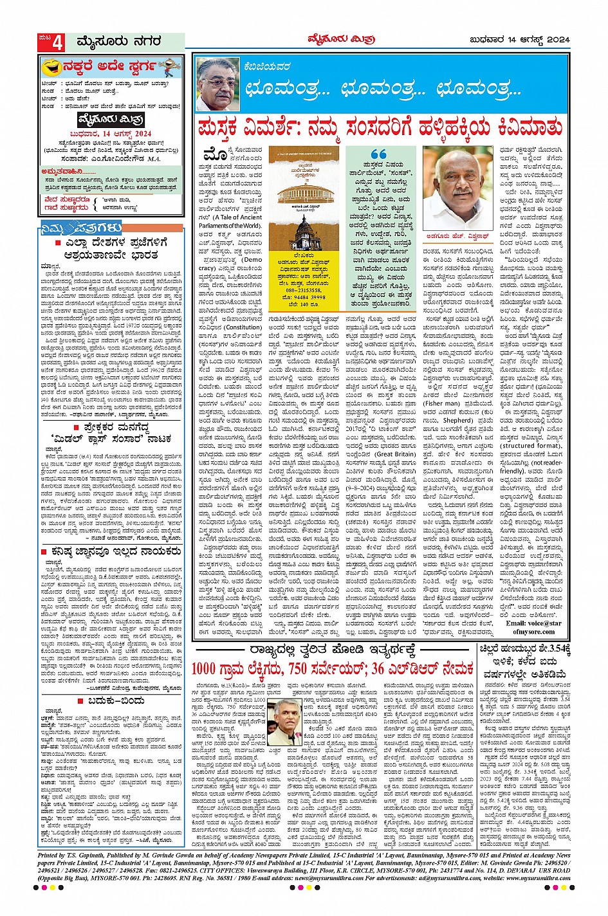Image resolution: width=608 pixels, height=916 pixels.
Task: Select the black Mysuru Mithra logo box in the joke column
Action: pyautogui.click(x=111, y=120)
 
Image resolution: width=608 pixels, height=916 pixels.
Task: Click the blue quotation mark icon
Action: pyautogui.click(x=379, y=155)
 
